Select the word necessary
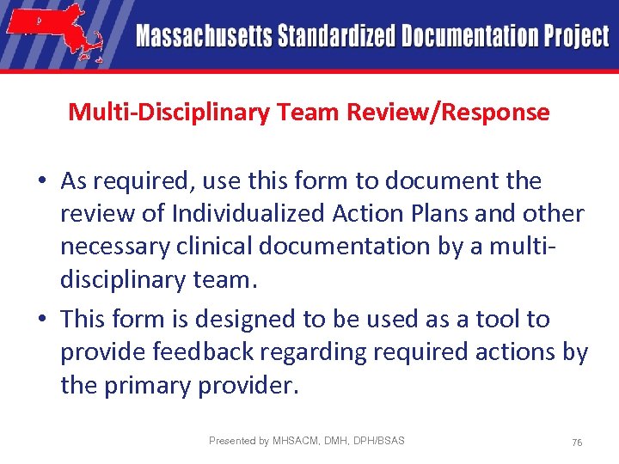(x=113, y=246)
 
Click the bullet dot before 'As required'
(x=42, y=182)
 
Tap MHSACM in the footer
(x=294, y=441)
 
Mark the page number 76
(x=577, y=442)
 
